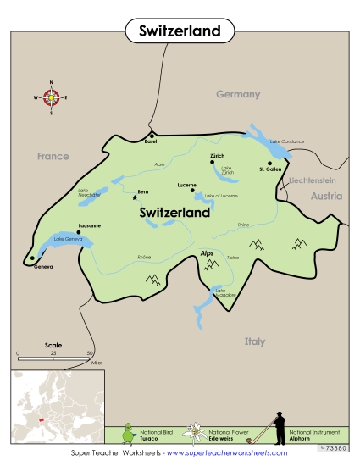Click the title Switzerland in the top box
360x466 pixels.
tap(180, 31)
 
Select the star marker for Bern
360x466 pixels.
tap(135, 197)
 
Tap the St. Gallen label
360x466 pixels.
tap(269, 169)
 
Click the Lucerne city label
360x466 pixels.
tap(187, 185)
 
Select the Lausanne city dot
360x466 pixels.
tap(79, 231)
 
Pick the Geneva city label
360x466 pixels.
tap(43, 266)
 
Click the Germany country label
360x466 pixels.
tap(236, 94)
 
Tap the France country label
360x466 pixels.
tap(53, 156)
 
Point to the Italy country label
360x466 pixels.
tap(254, 341)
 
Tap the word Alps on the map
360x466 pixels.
tap(207, 253)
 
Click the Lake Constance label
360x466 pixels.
tap(286, 141)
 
